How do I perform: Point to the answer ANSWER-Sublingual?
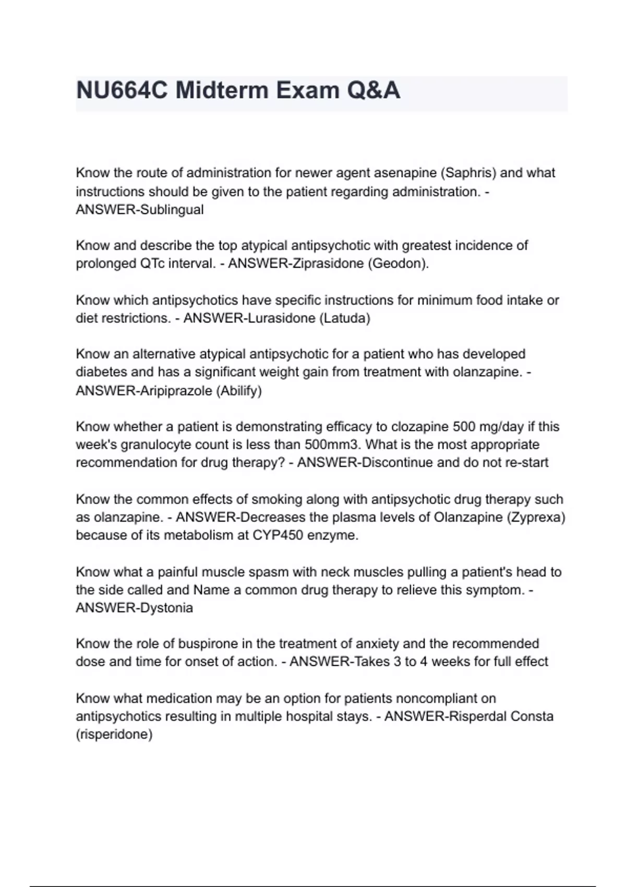click(140, 210)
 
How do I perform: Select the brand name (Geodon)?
click(399, 263)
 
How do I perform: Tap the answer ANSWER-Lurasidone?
click(249, 318)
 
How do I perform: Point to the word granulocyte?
click(151, 445)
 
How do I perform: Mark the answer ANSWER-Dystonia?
click(135, 608)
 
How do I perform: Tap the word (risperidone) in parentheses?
click(114, 735)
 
